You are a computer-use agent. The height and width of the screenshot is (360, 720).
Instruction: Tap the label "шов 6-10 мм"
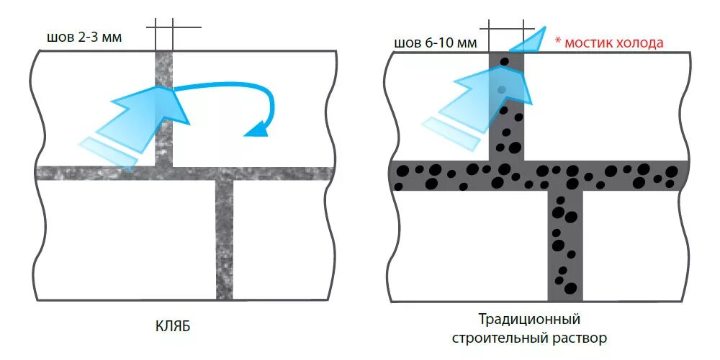click(436, 42)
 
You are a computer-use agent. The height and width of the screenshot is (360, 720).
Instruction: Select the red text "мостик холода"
click(613, 42)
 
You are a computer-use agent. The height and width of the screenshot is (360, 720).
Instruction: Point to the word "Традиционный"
click(529, 318)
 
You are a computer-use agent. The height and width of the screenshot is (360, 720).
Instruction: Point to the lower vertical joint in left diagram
click(225, 238)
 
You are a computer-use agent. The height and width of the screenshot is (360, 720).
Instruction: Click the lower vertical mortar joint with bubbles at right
click(564, 245)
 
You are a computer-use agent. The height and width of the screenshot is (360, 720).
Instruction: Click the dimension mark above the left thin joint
click(163, 28)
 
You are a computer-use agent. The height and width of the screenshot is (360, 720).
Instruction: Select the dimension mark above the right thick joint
click(506, 29)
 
